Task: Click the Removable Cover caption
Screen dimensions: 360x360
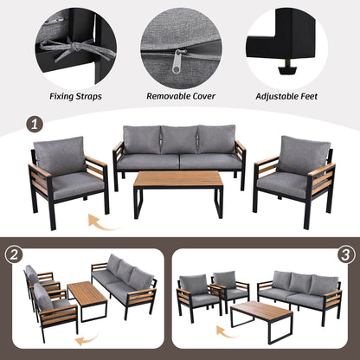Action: pyautogui.click(x=179, y=98)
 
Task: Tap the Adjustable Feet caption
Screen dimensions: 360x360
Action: pyautogui.click(x=287, y=98)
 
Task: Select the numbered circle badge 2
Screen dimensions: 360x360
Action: pyautogui.click(x=13, y=256)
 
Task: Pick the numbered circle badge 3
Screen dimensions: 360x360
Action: pyautogui.click(x=347, y=256)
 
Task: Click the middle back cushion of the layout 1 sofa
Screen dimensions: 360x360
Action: pyautogui.click(x=179, y=139)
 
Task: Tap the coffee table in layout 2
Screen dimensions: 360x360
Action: pyautogui.click(x=87, y=298)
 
